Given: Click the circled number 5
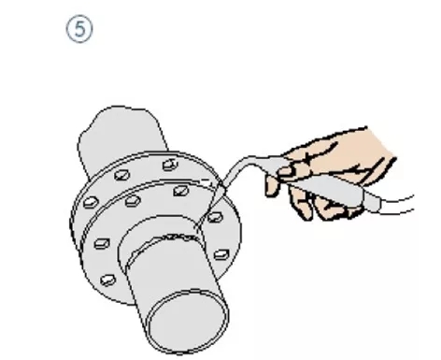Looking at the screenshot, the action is pyautogui.click(x=79, y=29).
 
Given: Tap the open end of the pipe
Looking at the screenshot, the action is pyautogui.click(x=188, y=322).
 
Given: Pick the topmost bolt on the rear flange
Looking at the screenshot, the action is pyautogui.click(x=170, y=165).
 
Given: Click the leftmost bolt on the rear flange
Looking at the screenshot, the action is pyautogui.click(x=91, y=203).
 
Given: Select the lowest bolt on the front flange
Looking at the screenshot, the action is pyautogui.click(x=107, y=280).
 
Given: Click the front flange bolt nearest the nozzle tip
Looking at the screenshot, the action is pyautogui.click(x=215, y=217).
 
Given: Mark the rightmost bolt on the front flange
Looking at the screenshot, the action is pyautogui.click(x=221, y=254).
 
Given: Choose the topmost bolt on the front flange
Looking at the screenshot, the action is pyautogui.click(x=180, y=191).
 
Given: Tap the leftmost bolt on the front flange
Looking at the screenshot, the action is pyautogui.click(x=102, y=243).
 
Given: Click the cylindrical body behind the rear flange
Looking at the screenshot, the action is pyautogui.click(x=123, y=134).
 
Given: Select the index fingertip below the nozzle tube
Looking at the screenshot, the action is pyautogui.click(x=272, y=187).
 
